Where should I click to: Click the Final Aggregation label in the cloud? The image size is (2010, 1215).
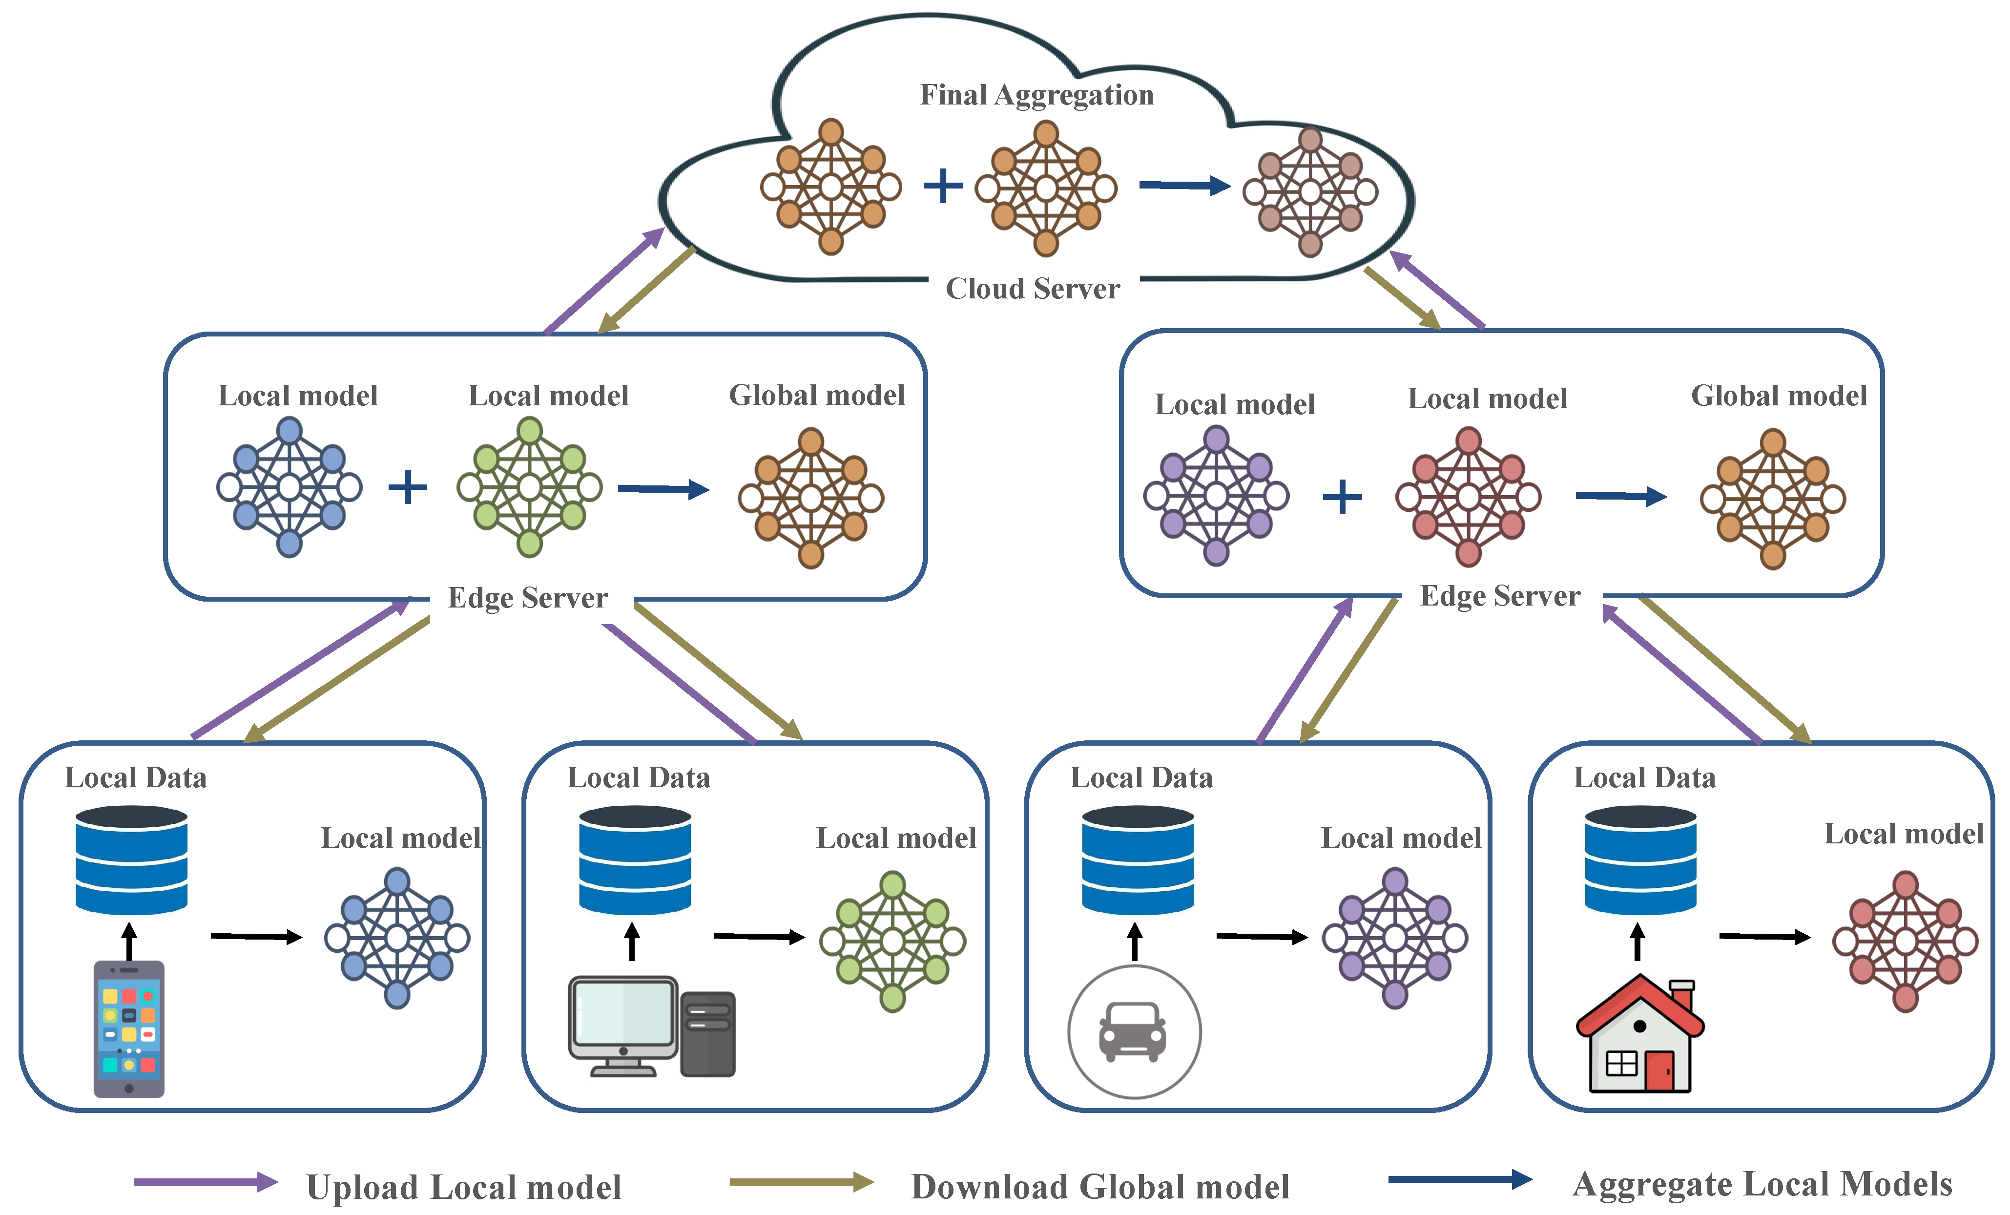tap(1036, 95)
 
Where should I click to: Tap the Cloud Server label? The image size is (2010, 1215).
tap(1032, 289)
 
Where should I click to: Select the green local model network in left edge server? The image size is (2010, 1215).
tap(529, 487)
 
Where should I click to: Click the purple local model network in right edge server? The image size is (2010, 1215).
tap(1216, 495)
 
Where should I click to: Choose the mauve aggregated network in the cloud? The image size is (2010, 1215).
tap(1310, 192)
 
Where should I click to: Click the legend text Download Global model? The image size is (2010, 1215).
tap(1099, 1187)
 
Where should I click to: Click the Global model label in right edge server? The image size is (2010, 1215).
tap(1778, 396)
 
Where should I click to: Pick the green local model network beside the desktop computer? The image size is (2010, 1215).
tap(892, 941)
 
